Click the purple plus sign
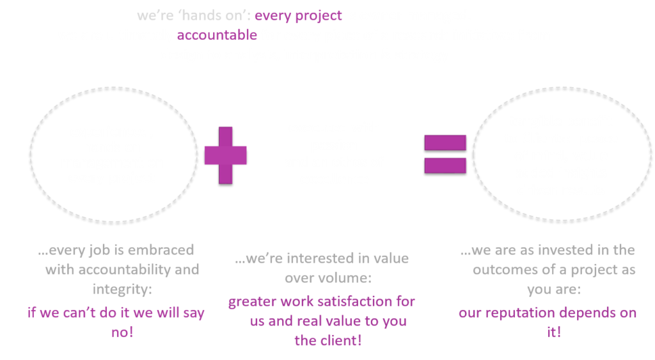point(225,155)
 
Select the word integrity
point(122,290)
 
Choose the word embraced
point(160,250)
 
